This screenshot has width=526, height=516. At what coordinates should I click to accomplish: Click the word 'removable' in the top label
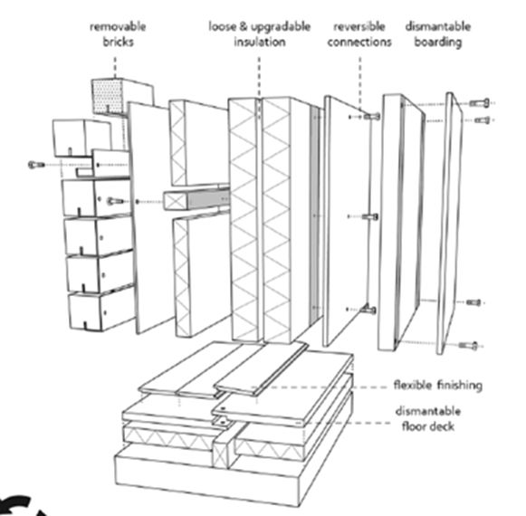point(118,27)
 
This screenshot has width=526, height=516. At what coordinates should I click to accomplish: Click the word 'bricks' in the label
point(118,42)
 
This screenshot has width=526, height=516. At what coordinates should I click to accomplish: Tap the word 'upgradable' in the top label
point(281,27)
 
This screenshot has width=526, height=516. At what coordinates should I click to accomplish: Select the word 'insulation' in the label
point(260,42)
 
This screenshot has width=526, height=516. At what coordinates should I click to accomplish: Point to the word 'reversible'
point(359,26)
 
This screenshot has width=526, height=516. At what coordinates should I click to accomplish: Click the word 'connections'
point(359,42)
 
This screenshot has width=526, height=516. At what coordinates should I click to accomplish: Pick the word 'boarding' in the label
point(438,43)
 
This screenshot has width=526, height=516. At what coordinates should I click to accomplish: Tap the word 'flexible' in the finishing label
point(412,385)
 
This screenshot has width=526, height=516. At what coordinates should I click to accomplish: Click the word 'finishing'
point(460,386)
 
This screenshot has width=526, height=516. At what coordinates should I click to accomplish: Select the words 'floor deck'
point(428,426)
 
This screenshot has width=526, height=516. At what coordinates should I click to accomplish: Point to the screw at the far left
point(36,165)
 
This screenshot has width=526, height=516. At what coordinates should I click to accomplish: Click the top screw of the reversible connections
point(372,117)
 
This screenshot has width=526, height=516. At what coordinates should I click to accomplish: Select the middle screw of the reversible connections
point(370,216)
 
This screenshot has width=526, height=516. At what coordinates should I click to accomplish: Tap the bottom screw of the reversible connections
point(368,309)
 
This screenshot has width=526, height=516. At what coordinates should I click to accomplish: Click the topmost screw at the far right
point(480,103)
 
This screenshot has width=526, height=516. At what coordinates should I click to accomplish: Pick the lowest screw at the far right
point(469,346)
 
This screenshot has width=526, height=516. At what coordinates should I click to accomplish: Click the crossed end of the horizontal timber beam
point(175,201)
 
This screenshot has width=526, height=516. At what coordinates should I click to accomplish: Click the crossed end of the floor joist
point(220,455)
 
